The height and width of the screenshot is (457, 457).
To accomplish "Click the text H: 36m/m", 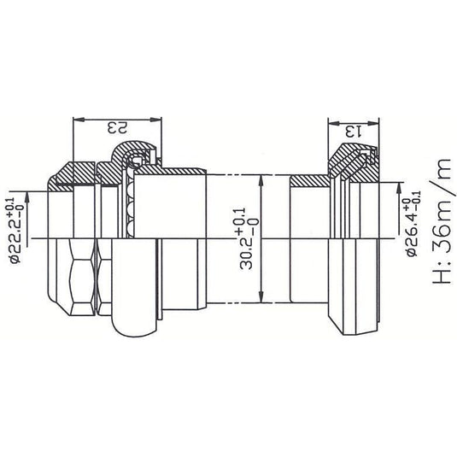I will pyautogui.click(x=438, y=231).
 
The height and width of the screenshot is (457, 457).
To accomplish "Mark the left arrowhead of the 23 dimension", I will pyautogui.click(x=79, y=119).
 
